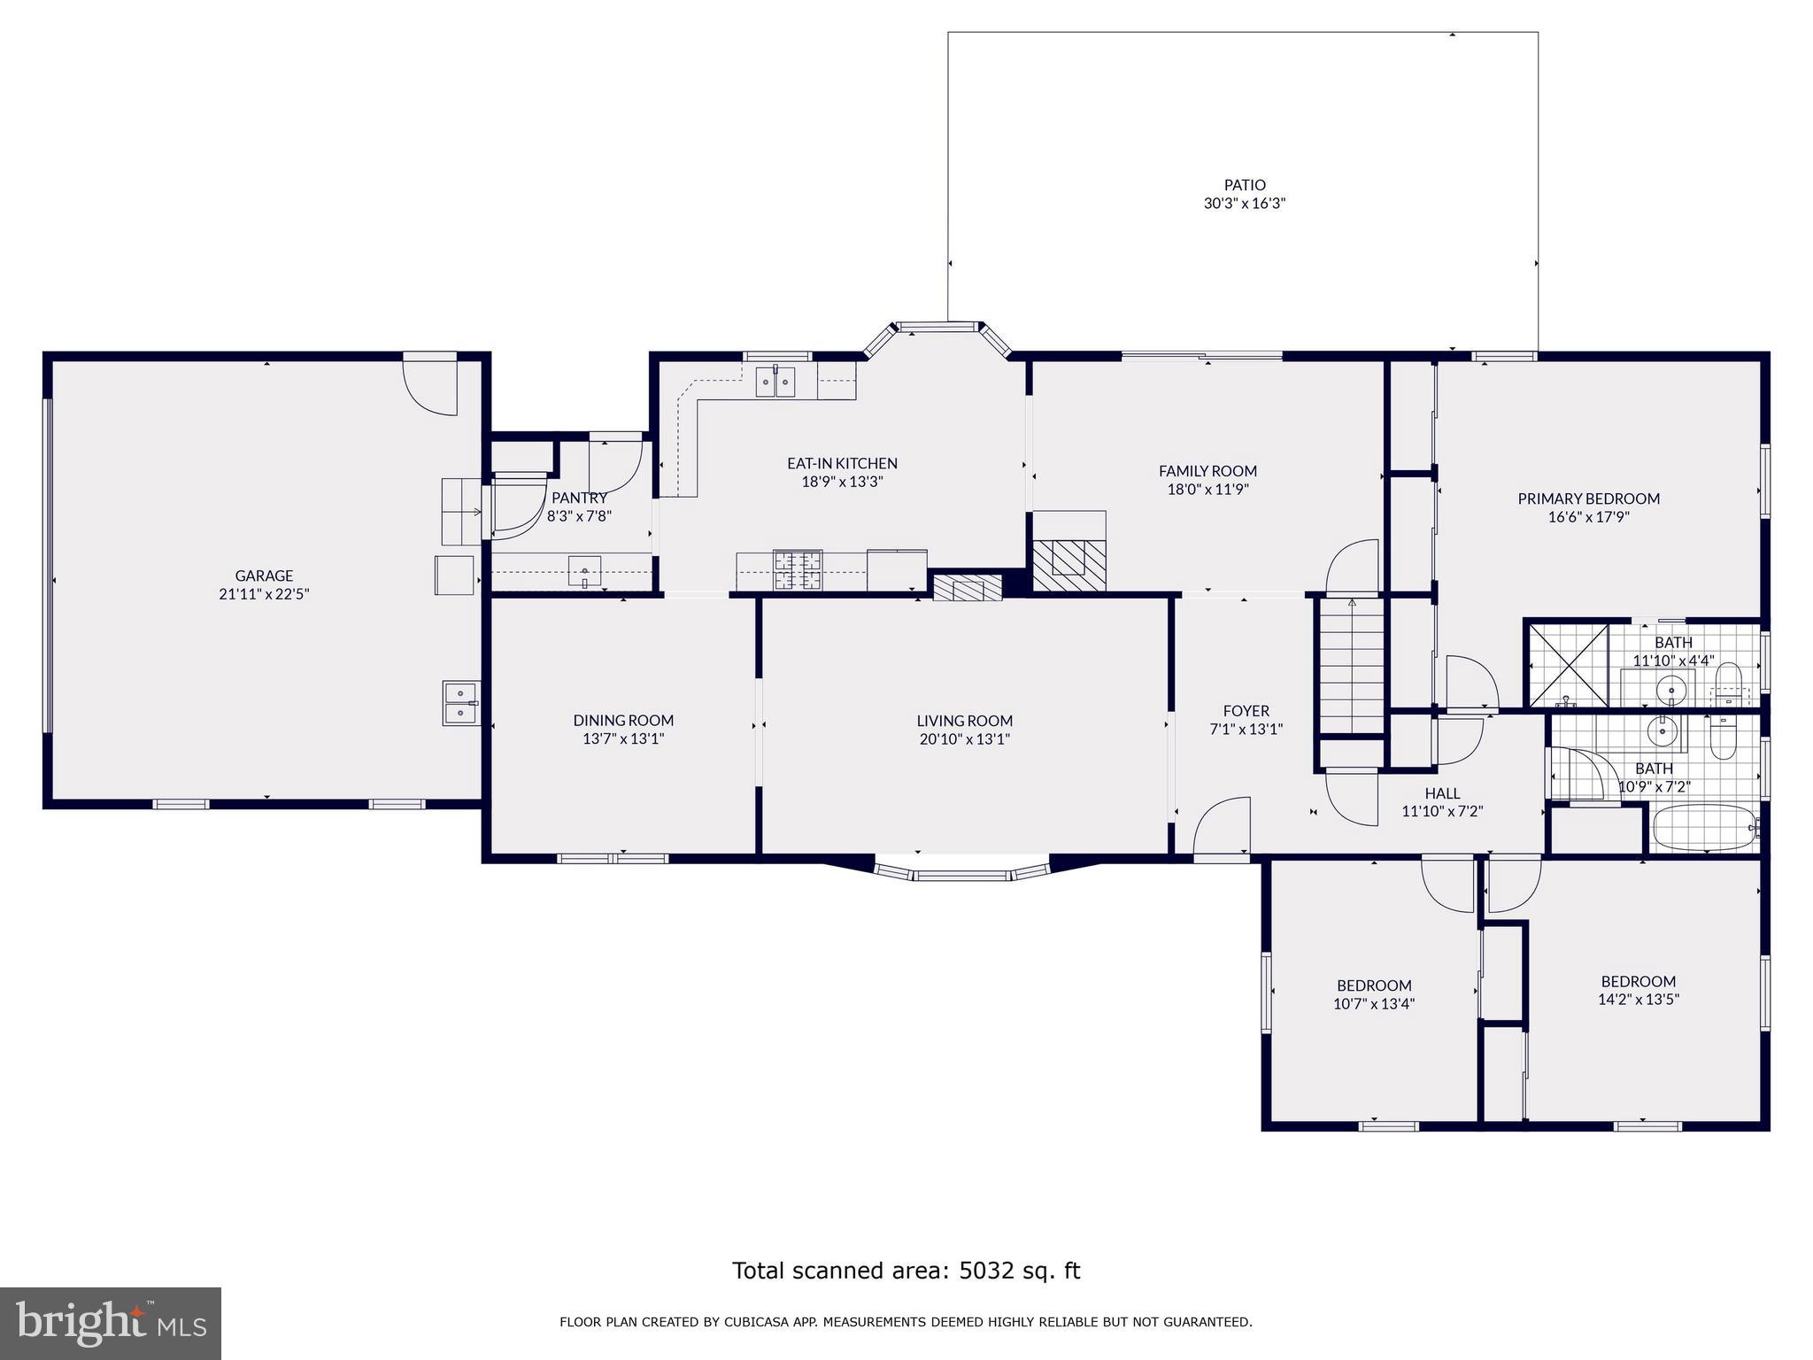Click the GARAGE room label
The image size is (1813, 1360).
click(264, 576)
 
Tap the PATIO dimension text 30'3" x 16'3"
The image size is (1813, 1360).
click(1244, 204)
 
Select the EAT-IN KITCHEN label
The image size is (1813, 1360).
click(842, 463)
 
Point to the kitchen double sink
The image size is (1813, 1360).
click(775, 382)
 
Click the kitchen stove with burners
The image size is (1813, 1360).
click(798, 570)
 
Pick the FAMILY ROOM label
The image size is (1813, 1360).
click(1207, 471)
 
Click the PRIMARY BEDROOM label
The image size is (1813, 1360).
click(1588, 498)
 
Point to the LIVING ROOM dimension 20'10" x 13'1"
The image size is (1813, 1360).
click(964, 739)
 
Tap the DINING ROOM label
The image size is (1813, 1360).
click(623, 721)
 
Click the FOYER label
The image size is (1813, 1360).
click(1246, 711)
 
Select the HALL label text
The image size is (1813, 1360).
click(1442, 793)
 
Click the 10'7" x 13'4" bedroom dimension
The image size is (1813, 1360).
click(1374, 1004)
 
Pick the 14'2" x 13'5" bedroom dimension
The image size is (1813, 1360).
click(1638, 1000)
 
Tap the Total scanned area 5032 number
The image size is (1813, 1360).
click(985, 1271)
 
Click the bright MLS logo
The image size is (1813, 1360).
click(111, 1324)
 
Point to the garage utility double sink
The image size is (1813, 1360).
click(461, 703)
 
